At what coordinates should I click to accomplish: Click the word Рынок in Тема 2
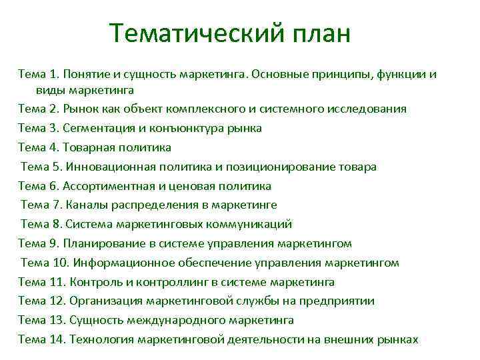coord(82,109)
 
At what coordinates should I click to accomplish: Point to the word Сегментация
coord(102,128)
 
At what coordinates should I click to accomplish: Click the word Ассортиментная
coord(106,186)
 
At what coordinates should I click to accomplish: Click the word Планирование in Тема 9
coord(103,244)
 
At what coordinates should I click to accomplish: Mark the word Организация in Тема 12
coord(105,301)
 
